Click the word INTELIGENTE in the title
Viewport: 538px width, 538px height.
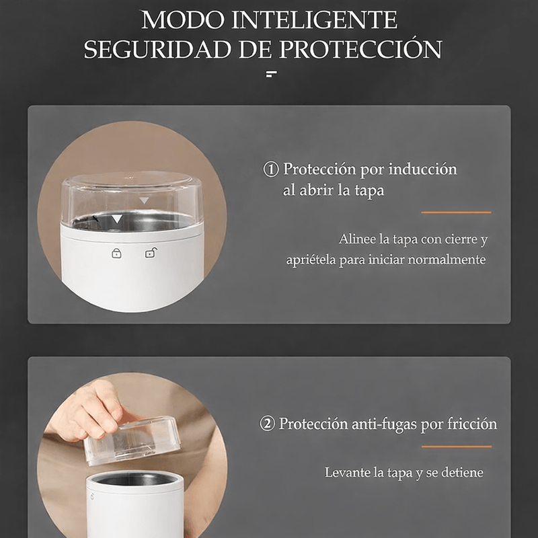[x=314, y=20]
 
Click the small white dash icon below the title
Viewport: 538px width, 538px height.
[x=272, y=74]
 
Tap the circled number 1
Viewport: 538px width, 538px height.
[x=271, y=169]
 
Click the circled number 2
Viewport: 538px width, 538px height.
[x=267, y=424]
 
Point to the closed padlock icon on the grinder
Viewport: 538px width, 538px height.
[x=116, y=254]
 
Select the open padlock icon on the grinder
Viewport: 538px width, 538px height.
[x=151, y=253]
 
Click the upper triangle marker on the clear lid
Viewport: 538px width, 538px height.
[x=144, y=200]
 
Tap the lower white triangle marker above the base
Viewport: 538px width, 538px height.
[x=117, y=219]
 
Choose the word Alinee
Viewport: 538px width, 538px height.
[x=357, y=239]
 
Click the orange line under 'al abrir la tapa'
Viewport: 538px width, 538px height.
[x=457, y=213]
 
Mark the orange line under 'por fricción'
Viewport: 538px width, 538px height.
[x=457, y=447]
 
